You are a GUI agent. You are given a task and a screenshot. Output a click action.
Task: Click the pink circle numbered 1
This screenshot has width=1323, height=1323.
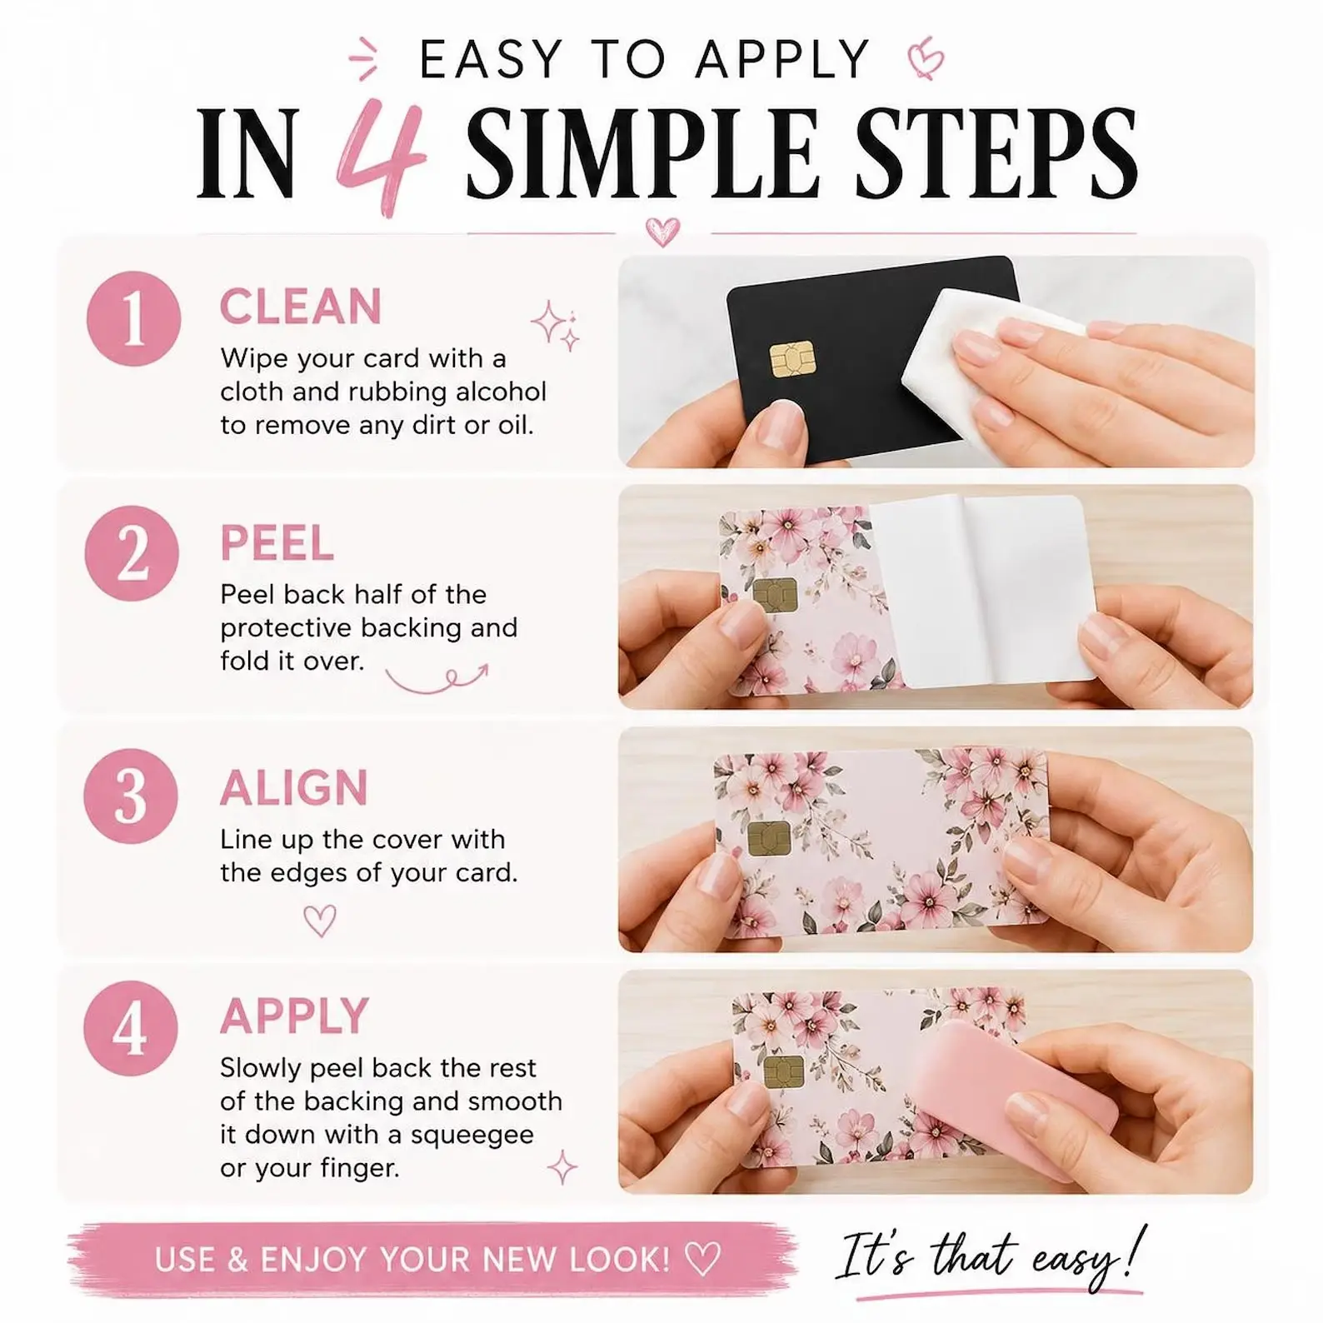(133, 319)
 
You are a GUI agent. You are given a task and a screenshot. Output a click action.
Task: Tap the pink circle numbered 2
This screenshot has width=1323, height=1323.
(132, 553)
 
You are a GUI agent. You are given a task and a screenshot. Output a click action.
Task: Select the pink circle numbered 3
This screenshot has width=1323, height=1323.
(131, 796)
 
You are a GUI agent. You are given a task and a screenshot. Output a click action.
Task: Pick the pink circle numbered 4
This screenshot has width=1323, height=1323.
(131, 1028)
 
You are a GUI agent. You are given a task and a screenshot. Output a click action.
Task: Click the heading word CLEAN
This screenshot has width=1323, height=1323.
(301, 307)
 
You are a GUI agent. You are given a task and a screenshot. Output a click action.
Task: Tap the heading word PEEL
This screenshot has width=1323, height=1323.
(277, 543)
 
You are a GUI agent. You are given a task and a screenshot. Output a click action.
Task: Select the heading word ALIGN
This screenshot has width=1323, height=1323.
(294, 787)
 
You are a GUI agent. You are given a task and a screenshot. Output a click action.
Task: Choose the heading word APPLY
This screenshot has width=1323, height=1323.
(294, 1016)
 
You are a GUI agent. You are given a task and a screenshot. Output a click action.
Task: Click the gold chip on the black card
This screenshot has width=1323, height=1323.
(792, 359)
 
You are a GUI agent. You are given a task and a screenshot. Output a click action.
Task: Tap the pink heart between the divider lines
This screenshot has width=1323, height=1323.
(663, 231)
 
